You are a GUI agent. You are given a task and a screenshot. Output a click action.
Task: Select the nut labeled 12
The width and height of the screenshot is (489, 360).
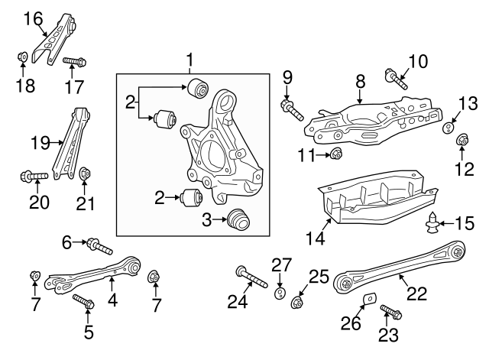click(461, 141)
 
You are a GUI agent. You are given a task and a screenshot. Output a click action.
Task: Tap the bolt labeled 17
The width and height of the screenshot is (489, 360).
click(73, 60)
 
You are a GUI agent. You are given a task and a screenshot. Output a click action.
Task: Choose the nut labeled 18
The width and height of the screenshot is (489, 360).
click(23, 57)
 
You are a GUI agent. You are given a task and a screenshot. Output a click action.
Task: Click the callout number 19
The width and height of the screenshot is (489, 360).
click(39, 142)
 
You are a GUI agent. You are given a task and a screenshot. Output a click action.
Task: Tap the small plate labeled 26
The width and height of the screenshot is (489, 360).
click(368, 300)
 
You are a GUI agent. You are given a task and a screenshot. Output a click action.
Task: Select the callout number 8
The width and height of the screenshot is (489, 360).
click(360, 79)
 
